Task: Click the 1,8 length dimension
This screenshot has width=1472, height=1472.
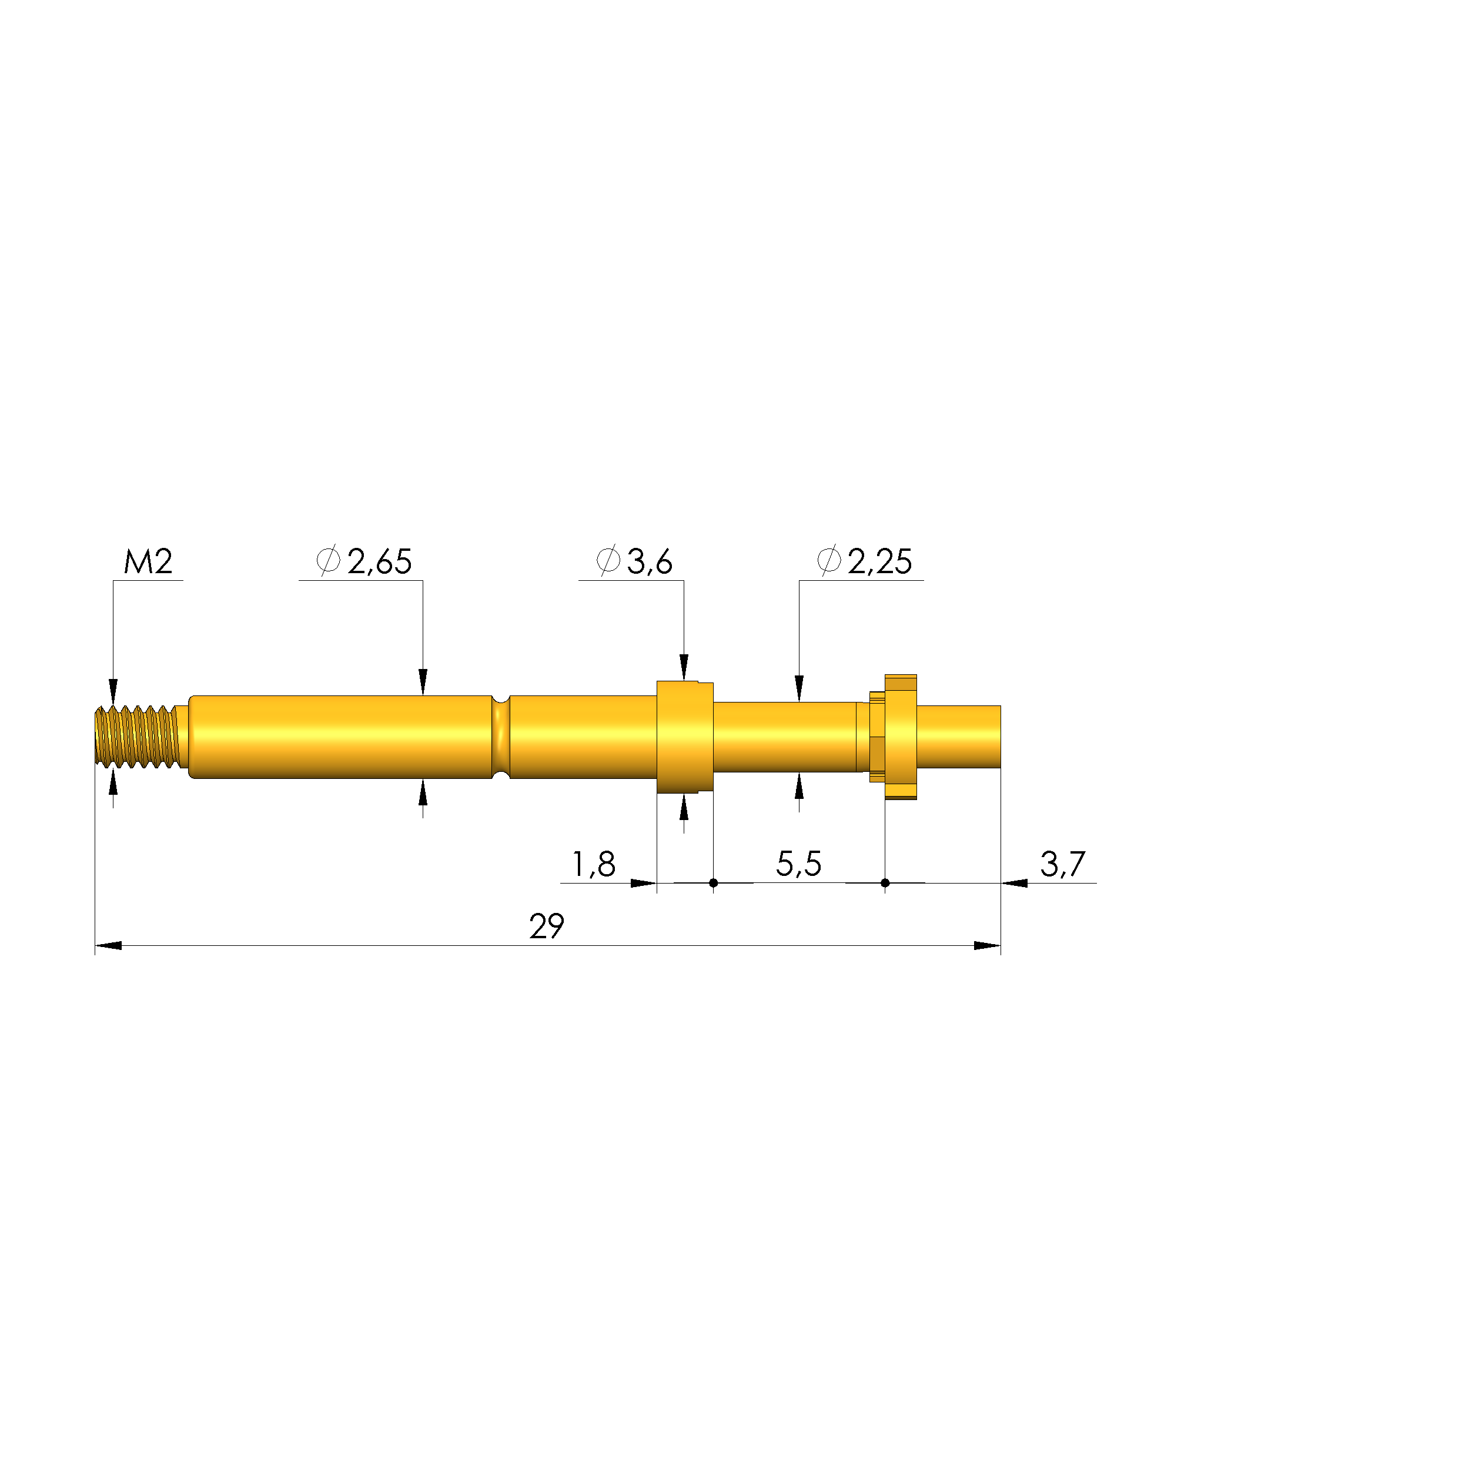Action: [x=594, y=864]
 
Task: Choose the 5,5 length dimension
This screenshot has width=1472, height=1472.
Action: [x=798, y=864]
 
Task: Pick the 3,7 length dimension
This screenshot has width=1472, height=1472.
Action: [x=1062, y=864]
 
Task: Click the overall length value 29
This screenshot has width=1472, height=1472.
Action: [x=546, y=926]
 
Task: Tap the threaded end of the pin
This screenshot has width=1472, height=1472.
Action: [x=137, y=736]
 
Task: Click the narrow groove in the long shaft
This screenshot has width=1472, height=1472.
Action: [x=501, y=737]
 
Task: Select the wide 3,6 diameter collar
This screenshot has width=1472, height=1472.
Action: [x=684, y=737]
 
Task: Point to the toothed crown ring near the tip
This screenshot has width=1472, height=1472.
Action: [x=900, y=737]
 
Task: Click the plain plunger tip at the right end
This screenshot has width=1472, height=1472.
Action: [x=958, y=737]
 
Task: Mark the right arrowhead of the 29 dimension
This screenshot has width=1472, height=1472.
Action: [x=988, y=945]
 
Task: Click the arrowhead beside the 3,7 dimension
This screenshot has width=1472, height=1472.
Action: [x=1014, y=883]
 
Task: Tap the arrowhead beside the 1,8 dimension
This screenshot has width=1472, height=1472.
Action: [x=644, y=883]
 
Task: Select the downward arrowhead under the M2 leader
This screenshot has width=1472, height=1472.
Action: [x=113, y=692]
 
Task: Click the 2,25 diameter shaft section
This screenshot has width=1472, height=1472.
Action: [x=785, y=737]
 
